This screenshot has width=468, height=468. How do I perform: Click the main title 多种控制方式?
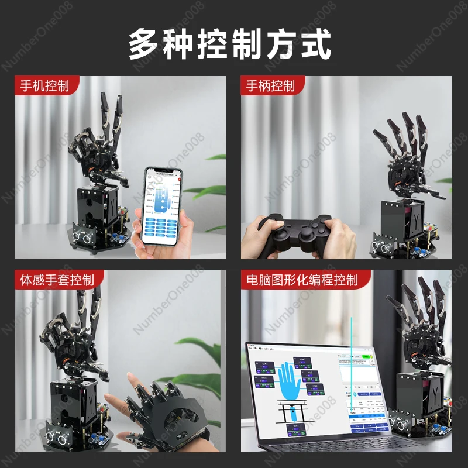pyautogui.click(x=230, y=44)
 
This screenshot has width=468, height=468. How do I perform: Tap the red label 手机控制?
pyautogui.click(x=44, y=86)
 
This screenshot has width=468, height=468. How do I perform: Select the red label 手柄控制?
pyautogui.click(x=270, y=86)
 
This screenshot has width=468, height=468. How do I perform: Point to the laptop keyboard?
pyautogui.click(x=328, y=450)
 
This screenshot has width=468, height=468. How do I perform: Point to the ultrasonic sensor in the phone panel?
pyautogui.click(x=87, y=237)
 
